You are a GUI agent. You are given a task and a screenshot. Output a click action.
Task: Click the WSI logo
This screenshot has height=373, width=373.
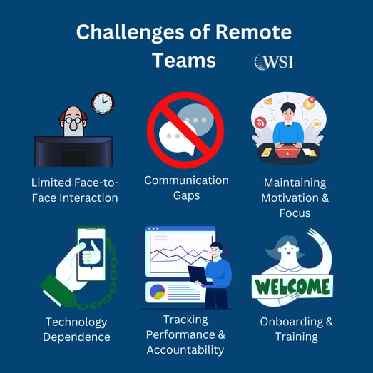273,62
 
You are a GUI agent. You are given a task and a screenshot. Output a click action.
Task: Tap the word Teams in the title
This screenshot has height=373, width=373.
184,61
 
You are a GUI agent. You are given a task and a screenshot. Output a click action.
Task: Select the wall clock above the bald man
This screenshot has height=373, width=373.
103,103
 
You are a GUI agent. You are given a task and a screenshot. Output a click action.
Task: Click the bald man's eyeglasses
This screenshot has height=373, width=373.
73,121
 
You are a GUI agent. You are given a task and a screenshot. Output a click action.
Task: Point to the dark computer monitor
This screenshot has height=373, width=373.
73,151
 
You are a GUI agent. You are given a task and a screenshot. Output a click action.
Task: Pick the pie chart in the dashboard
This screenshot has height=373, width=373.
157,291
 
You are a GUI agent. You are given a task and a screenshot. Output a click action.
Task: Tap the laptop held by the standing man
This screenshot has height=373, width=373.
198,274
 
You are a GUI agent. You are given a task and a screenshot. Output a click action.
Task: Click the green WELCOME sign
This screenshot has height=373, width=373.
293,287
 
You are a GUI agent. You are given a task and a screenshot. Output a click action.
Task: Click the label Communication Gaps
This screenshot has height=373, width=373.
185,188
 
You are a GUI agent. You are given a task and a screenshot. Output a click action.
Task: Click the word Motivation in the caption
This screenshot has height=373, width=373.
294,198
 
